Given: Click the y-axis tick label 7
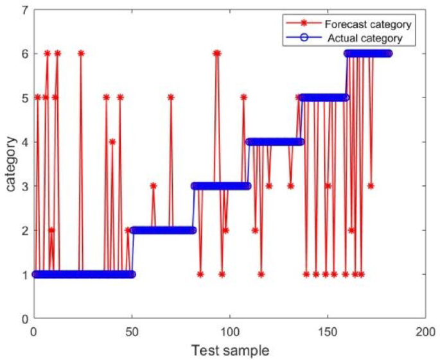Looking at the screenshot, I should [x=24, y=10].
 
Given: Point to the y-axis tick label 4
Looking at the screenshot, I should [x=24, y=142].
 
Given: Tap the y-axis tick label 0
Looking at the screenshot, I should [x=24, y=318].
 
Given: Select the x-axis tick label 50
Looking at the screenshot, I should [x=132, y=331].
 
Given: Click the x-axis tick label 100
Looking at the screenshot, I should [x=229, y=331].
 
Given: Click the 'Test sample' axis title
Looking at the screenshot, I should [x=229, y=350].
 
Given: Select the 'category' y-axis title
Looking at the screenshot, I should [x=10, y=164].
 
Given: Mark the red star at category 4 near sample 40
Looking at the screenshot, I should [x=112, y=142].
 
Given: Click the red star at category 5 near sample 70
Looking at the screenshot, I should [x=171, y=98].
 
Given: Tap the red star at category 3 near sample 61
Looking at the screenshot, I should [x=154, y=186].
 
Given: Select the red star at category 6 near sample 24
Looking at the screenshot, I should [x=81, y=54].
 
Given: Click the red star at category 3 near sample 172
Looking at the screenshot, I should [x=371, y=186].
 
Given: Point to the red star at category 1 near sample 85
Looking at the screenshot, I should [x=200, y=274].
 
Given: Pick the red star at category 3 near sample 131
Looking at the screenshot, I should [x=290, y=186].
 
